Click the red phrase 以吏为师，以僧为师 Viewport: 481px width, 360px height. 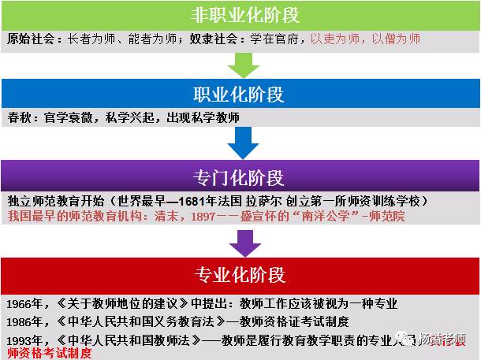364,39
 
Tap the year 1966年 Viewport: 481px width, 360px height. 24,303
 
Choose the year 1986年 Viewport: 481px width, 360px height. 24,322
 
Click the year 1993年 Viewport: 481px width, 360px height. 24,340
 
